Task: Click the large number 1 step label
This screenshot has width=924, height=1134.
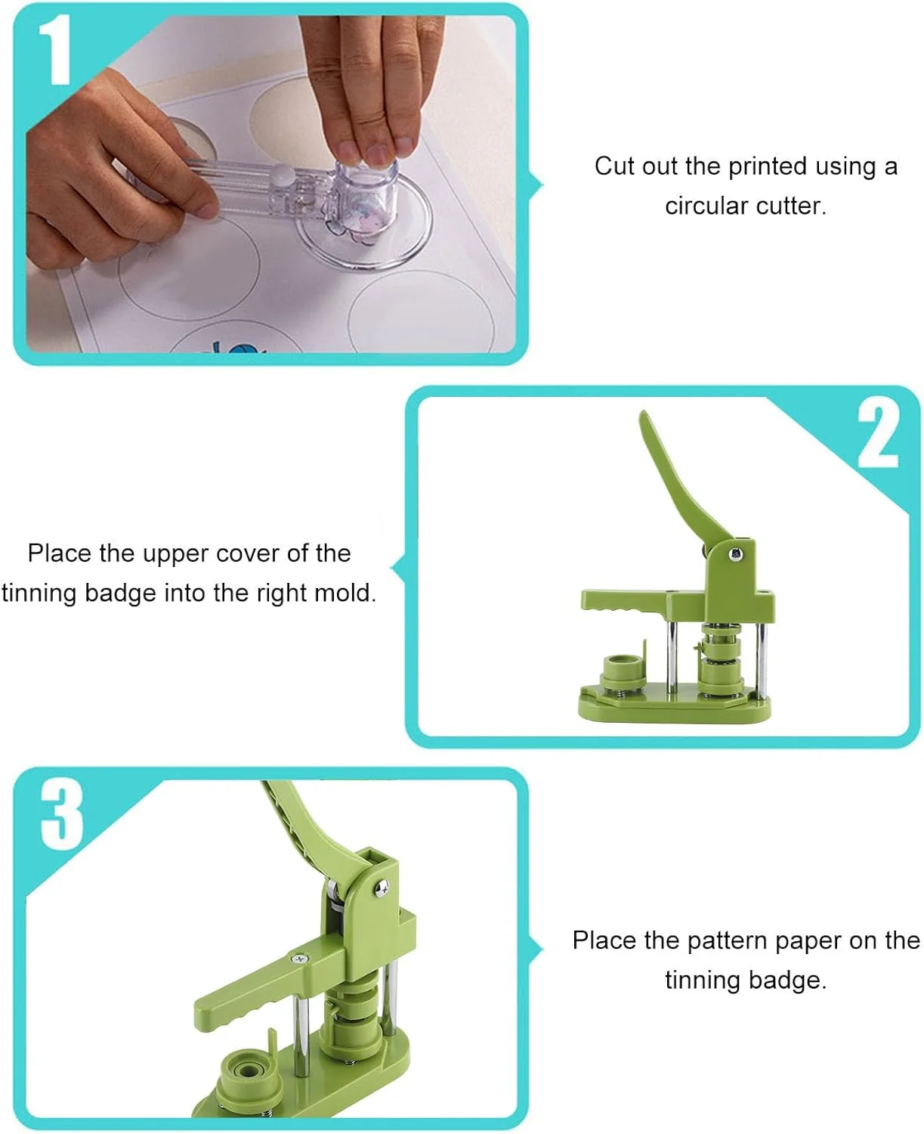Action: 55,49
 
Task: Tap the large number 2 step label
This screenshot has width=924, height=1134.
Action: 877,436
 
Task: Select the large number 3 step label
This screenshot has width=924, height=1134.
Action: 62,815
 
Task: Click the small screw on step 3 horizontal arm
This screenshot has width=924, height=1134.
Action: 300,958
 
